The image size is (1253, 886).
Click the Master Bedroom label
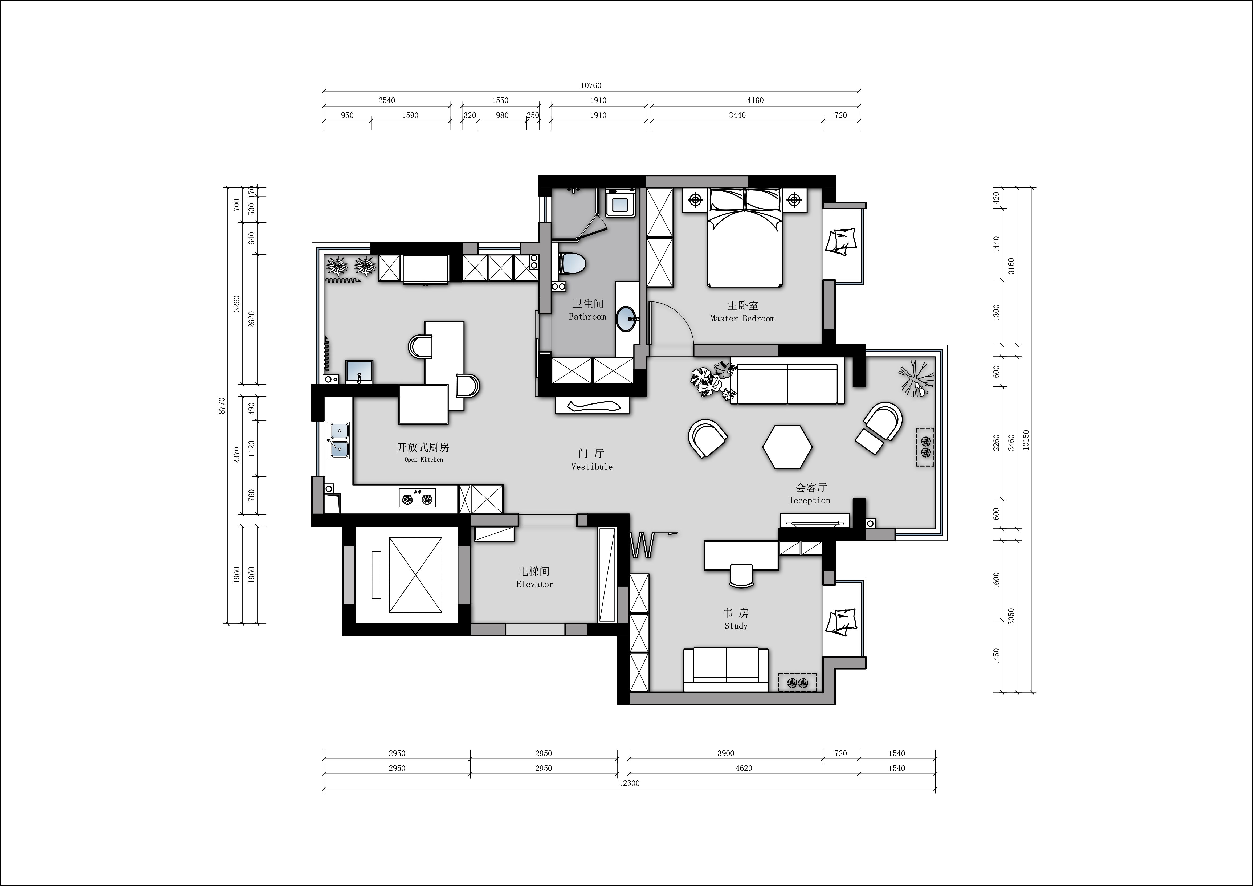tap(742, 312)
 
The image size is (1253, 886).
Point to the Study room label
tap(736, 619)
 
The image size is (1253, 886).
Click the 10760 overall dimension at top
tap(591, 86)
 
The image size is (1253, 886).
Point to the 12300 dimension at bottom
tap(629, 783)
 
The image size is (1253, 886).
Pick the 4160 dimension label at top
tap(755, 100)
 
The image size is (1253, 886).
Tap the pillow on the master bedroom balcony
tap(841, 242)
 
